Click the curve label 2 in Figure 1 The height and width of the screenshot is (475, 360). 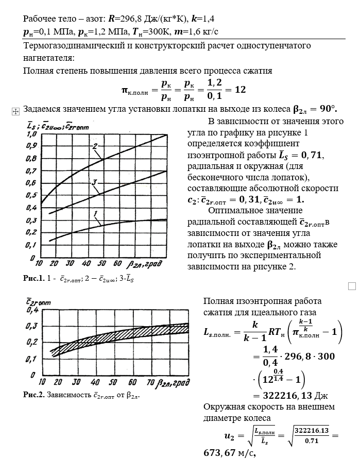tap(96, 146)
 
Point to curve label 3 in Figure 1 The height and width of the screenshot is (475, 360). tap(96, 182)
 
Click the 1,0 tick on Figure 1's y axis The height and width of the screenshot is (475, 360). tap(30, 134)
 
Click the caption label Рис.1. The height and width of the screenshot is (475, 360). tap(34, 278)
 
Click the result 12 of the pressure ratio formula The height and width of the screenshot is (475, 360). tap(240, 90)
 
